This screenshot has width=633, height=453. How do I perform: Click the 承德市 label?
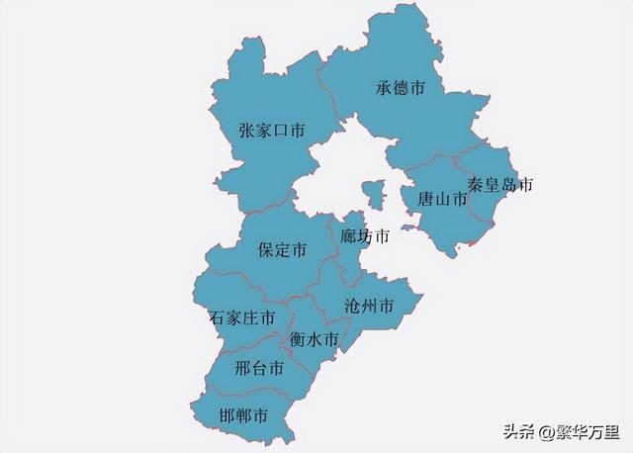point(401,89)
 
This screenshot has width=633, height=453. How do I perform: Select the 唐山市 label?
point(442,199)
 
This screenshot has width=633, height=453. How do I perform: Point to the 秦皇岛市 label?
point(500,185)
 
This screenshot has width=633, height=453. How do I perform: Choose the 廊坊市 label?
point(365,237)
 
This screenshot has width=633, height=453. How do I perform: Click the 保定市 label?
point(282,250)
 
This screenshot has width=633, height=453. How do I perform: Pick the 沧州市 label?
point(369,306)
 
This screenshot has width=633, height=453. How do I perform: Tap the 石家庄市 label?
point(242,318)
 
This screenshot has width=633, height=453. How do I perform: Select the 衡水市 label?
point(315,339)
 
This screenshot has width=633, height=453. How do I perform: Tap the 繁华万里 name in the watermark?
point(585,430)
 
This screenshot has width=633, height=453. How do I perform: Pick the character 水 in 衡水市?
point(315,339)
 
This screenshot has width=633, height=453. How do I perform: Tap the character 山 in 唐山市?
point(442,199)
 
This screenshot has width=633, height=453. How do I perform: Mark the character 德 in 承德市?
point(401,89)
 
